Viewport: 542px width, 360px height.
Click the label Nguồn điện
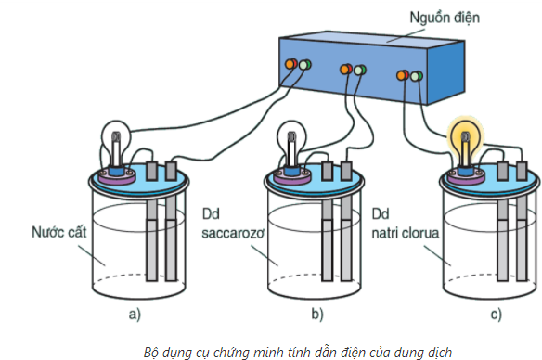coord(445,18)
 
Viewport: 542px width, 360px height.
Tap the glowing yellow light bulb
coord(465,138)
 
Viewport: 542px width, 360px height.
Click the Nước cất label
coord(59,232)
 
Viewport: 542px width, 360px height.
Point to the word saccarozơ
coord(233,233)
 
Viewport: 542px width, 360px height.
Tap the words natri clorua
coord(406,233)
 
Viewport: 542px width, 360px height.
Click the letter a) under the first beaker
coord(135,314)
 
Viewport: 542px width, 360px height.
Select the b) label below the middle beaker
coord(317,314)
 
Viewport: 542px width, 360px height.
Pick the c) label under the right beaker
coord(496,314)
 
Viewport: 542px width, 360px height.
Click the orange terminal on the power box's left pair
coord(290,64)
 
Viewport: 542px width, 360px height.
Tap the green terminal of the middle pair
coord(360,71)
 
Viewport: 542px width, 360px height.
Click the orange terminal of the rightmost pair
coord(403,75)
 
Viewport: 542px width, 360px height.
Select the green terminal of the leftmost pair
coord(304,65)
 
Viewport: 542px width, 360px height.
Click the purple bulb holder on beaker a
coord(117,177)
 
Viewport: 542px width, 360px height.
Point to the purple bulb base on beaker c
coord(466,177)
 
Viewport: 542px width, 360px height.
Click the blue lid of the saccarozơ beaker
coord(316,179)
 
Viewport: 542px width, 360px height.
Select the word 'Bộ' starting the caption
coord(150,352)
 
